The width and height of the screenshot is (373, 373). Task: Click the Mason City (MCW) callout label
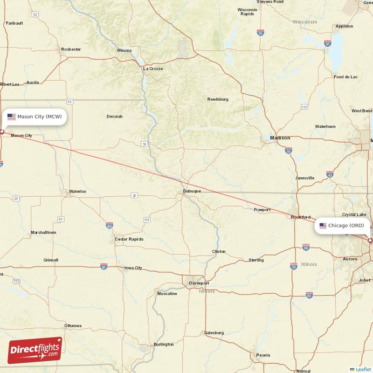coord(35,117)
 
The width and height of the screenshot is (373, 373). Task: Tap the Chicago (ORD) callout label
coord(342,226)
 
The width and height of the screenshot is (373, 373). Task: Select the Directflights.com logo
coord(35,351)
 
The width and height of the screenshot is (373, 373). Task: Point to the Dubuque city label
coord(192,191)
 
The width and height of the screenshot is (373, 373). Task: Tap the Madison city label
coord(280,138)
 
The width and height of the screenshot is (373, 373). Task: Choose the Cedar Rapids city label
coord(129,239)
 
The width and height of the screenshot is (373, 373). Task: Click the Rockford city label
coord(301,217)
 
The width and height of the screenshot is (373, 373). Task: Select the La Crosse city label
coord(153,69)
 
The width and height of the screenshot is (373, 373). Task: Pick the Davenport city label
coord(199,283)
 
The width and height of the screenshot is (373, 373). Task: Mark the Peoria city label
coord(263,355)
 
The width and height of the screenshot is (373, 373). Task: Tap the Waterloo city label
coord(77,191)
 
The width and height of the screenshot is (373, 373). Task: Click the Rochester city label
coord(71,49)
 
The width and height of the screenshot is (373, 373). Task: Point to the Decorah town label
coord(115,116)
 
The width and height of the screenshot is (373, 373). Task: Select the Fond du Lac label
coord(345,76)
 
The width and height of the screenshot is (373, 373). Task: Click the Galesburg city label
coord(214,333)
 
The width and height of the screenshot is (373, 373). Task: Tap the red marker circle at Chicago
coord(370,241)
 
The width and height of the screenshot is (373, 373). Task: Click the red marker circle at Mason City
coord(2,131)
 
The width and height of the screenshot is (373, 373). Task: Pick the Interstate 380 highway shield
coord(109,225)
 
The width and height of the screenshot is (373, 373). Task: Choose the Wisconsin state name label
coord(305,22)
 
